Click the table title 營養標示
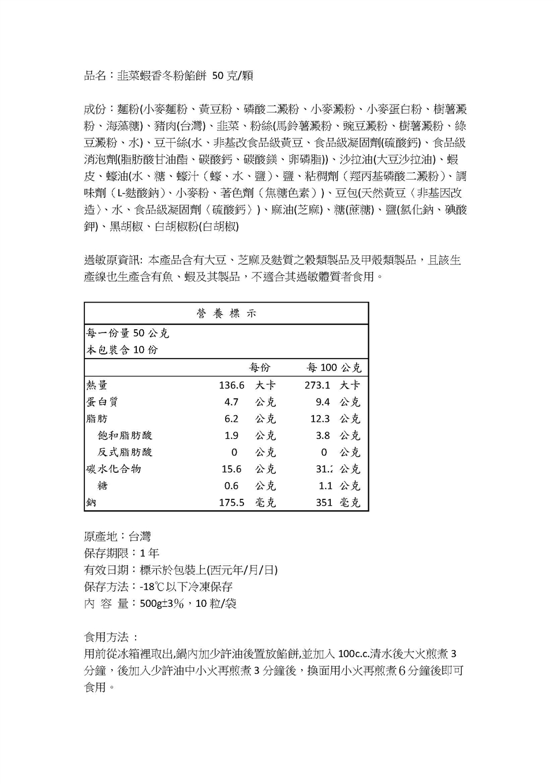point(226,313)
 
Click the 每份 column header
point(259,368)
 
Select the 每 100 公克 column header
point(334,368)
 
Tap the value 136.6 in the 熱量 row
point(231,385)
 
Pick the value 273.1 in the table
point(317,385)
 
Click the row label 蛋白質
point(102,402)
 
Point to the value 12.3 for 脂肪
point(320,419)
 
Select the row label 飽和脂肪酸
point(125,435)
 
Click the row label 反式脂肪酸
point(125,452)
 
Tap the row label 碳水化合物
point(114,469)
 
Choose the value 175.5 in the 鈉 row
point(231,503)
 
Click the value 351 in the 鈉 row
point(324,503)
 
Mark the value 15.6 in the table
point(231,469)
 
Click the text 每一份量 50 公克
point(128,333)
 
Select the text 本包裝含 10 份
point(122,350)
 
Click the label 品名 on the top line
point(95,76)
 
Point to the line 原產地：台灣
point(118,536)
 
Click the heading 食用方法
point(107,637)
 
